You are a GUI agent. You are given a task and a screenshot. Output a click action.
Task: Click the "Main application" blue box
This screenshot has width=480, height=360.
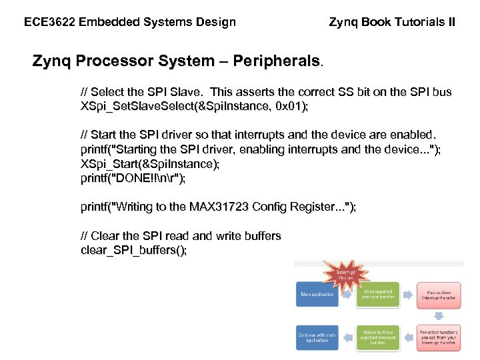tap(317, 294)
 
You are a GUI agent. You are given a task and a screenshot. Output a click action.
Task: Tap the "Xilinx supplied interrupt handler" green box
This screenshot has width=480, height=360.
tap(378, 294)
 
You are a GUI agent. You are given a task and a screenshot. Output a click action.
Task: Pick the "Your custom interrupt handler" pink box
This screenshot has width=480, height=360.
tap(438, 294)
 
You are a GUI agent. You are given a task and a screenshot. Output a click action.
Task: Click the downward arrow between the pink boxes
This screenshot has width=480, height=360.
tap(438, 315)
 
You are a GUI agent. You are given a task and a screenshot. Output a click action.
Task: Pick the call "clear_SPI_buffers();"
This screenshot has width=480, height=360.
tap(133, 250)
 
